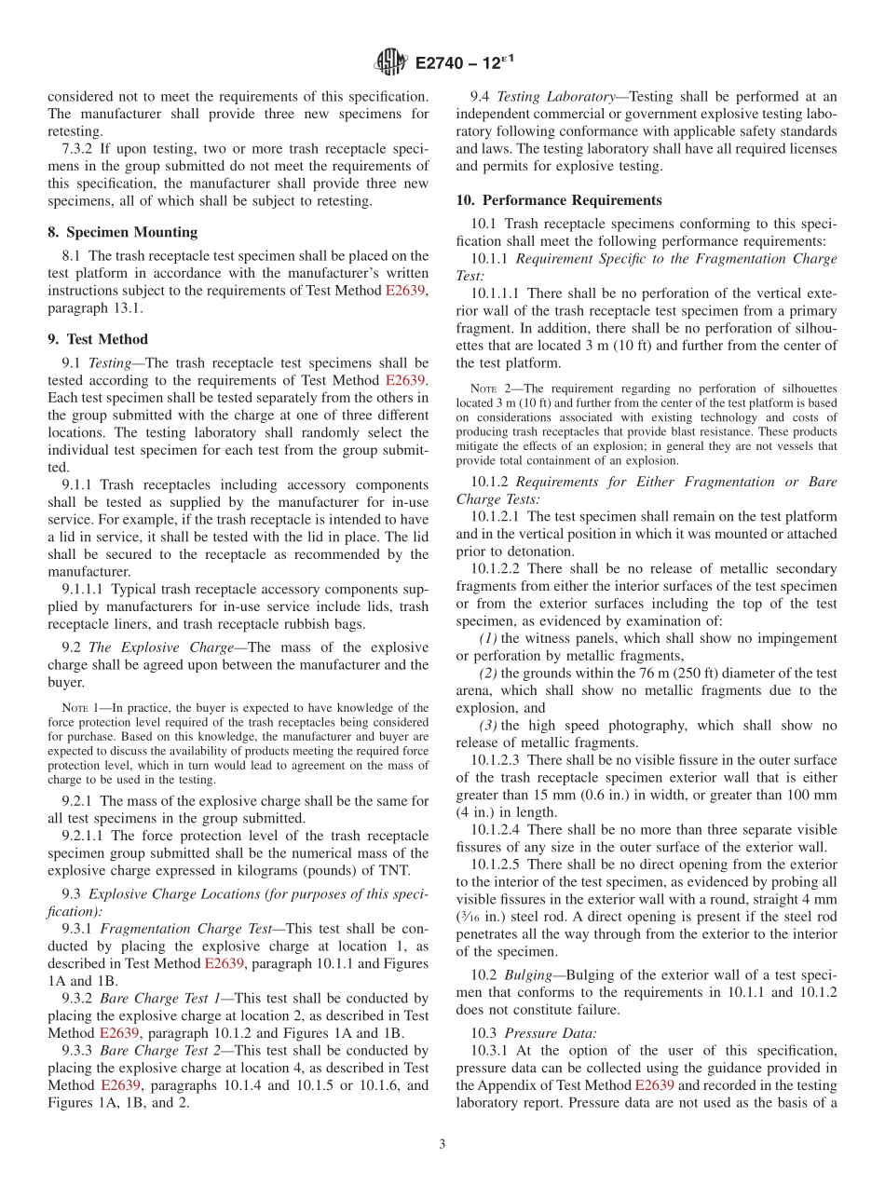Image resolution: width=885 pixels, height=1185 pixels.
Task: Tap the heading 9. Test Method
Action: tap(98, 339)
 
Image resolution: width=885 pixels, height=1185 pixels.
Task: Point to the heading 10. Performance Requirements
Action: tap(559, 200)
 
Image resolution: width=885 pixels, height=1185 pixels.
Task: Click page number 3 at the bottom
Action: tap(442, 1144)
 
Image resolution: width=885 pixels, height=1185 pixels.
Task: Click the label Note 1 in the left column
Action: tap(79, 708)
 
